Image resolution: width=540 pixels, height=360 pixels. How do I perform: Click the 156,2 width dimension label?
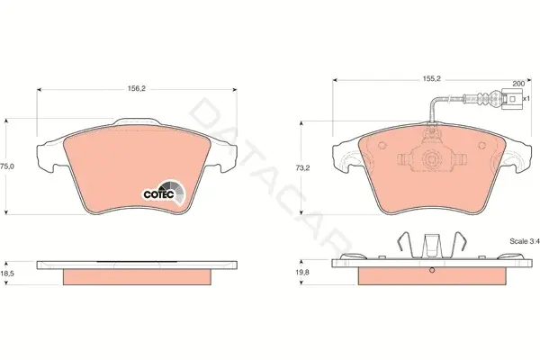(x=137, y=88)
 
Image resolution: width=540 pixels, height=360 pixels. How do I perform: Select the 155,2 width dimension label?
(x=432, y=78)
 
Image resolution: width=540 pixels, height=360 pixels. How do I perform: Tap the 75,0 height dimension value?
(x=7, y=166)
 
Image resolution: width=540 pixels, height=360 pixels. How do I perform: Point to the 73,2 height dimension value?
(x=302, y=167)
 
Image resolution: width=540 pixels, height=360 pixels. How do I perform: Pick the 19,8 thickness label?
(x=302, y=272)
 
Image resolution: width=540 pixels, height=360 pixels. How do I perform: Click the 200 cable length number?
(x=518, y=84)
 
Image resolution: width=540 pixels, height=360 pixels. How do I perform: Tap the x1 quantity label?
(x=526, y=98)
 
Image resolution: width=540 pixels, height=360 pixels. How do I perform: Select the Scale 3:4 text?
(x=524, y=241)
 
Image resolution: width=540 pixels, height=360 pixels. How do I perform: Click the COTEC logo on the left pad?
(x=165, y=193)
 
